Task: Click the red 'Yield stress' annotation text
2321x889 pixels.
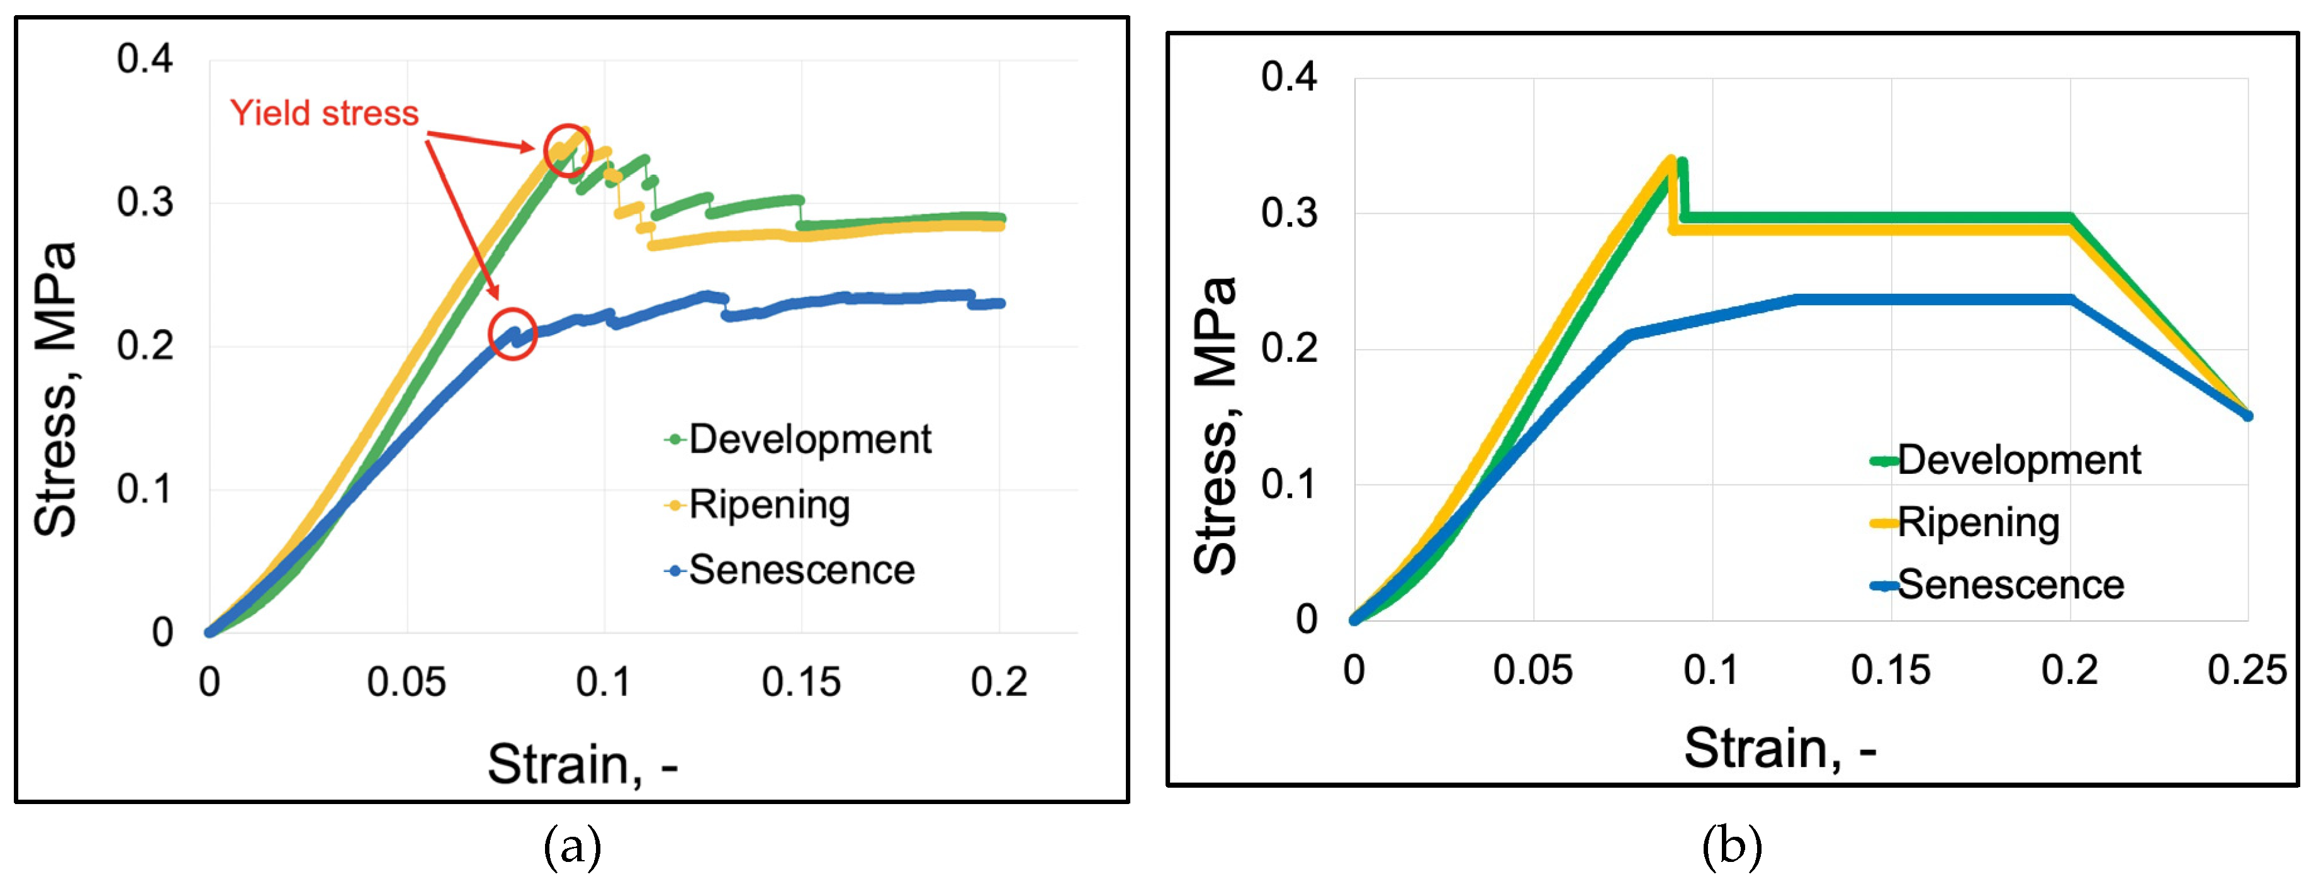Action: point(324,113)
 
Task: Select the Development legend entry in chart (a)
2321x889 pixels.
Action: point(798,440)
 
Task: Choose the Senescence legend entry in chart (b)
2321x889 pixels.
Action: point(1998,586)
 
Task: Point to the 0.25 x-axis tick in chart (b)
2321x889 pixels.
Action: point(2246,670)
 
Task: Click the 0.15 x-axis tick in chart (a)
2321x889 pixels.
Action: point(801,682)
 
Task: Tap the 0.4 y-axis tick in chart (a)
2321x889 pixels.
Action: point(145,59)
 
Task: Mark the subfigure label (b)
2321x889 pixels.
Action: point(1731,847)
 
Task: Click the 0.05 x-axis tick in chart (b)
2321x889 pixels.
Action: point(1532,670)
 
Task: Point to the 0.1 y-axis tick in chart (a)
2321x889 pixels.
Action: point(145,489)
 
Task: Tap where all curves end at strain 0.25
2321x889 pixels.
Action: point(2247,415)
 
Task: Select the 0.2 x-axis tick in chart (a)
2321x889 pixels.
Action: point(998,682)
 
